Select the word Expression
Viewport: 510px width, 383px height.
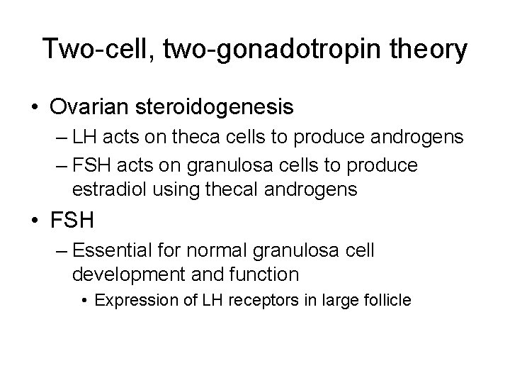click(130, 300)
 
